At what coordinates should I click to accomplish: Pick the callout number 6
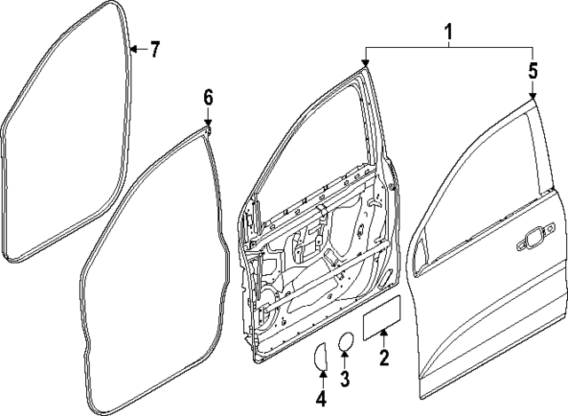(209, 98)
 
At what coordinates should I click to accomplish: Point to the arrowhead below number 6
(209, 124)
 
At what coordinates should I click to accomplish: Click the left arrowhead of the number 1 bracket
(366, 63)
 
